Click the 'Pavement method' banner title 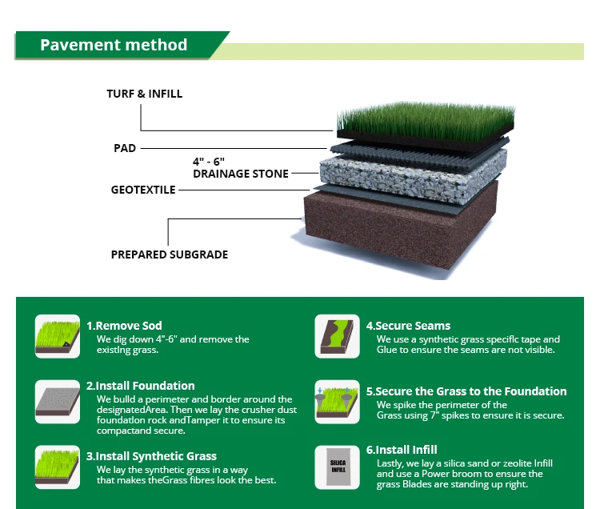pos(114,45)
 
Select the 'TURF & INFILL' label pos(144,94)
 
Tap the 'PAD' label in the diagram pos(125,148)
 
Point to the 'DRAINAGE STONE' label pos(241,174)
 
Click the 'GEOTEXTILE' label pos(142,190)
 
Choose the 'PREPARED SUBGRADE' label pos(169,254)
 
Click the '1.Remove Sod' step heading pos(124,326)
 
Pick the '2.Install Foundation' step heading pos(140,386)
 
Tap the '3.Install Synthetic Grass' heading pos(151,456)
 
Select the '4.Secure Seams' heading pos(408,326)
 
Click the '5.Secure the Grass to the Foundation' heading pos(466,391)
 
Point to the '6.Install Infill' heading pos(402,450)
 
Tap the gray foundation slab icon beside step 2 pos(57,402)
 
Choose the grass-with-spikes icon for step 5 pos(337,402)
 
